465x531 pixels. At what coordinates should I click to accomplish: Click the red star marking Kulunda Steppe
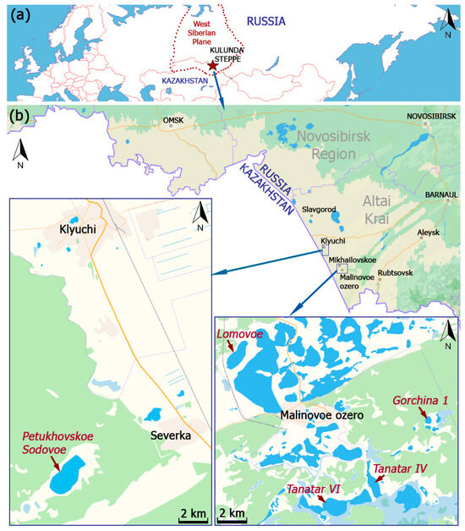(x=212, y=65)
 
